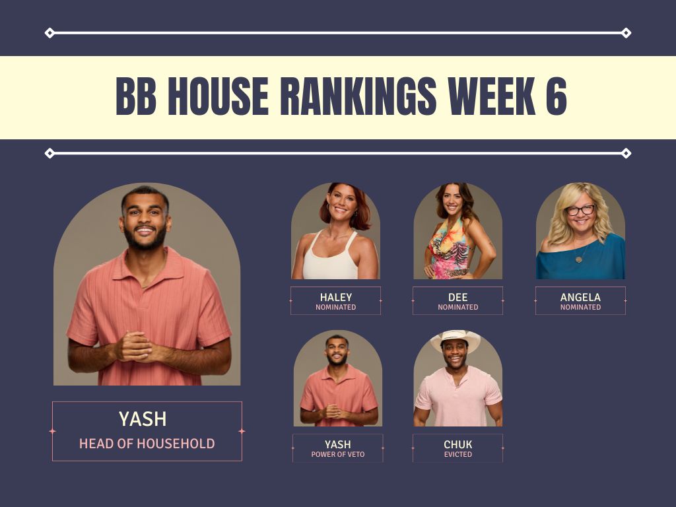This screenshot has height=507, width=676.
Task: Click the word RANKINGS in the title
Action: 358,96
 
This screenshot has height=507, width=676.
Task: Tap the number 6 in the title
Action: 556,96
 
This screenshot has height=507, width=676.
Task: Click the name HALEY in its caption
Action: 336,297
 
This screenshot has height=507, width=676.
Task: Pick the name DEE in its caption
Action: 458,297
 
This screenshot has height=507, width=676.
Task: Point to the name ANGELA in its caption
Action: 580,297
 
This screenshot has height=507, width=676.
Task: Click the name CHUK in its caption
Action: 458,444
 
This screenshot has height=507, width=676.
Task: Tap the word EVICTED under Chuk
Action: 458,454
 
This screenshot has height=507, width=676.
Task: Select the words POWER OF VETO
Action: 338,454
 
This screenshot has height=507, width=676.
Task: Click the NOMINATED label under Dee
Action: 458,307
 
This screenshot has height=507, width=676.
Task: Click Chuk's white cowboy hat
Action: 456,339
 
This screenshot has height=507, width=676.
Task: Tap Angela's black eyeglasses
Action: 580,211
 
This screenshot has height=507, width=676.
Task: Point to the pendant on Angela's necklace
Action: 578,259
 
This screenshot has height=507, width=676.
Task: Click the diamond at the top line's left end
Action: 50,33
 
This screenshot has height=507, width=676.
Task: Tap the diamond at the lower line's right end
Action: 626,153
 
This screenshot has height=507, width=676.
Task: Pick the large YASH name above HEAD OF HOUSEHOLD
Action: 143,419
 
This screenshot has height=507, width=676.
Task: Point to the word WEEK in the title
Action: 491,96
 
